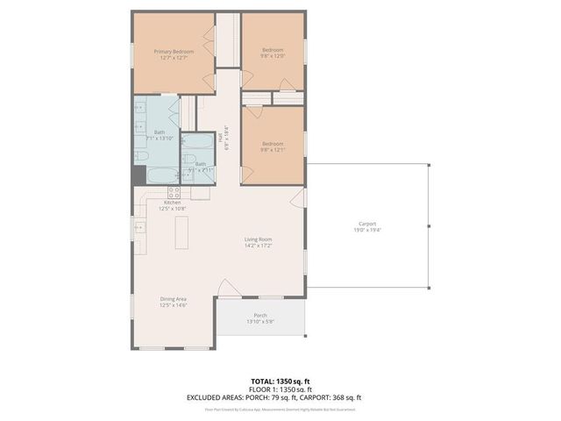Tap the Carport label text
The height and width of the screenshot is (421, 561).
pos(366,223)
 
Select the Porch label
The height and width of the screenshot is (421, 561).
pos(260,315)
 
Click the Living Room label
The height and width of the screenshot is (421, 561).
pos(259,239)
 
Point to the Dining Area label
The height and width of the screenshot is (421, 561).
pos(173,299)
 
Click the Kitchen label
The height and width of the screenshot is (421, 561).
pos(172,203)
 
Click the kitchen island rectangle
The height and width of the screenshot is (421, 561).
pos(182,232)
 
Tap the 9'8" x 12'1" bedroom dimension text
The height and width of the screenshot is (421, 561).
pos(273,150)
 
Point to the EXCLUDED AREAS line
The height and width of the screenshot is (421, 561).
pos(273,397)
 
